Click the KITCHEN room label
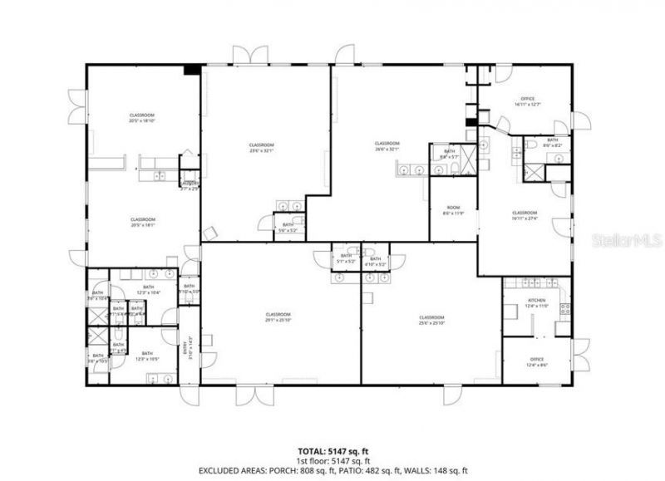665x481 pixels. (x=536, y=302)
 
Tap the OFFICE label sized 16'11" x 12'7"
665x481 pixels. (x=528, y=101)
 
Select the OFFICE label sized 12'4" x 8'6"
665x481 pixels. (x=537, y=362)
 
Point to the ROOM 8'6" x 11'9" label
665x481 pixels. (x=453, y=210)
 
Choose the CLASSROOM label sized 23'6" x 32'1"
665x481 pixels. (x=261, y=148)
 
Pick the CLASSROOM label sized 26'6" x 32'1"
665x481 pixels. (x=387, y=146)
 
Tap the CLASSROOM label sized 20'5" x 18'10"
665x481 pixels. (x=142, y=118)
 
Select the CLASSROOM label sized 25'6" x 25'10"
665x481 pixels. (x=431, y=320)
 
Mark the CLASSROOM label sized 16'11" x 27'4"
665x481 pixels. (x=525, y=215)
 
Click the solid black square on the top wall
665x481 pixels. (x=191, y=70)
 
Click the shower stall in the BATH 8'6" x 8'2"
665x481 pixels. (x=533, y=173)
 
